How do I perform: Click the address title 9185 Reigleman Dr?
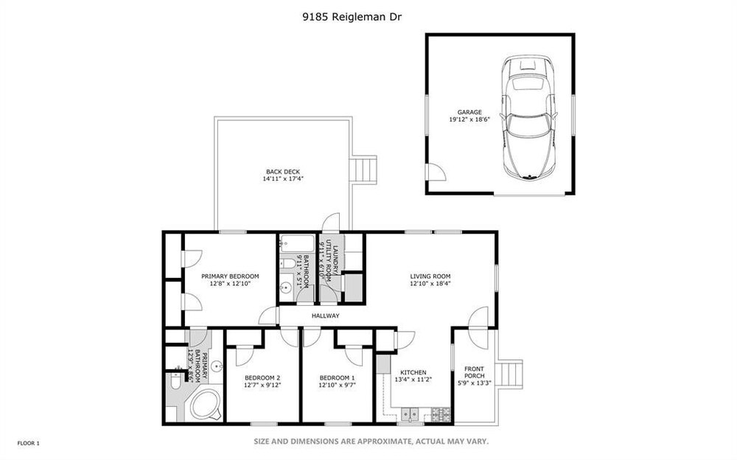pyautogui.click(x=352, y=18)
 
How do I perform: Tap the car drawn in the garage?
pyautogui.click(x=528, y=117)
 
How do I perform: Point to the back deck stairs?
pyautogui.click(x=365, y=170)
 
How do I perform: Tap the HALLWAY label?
pyautogui.click(x=325, y=316)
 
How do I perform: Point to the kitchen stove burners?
pyautogui.click(x=441, y=414)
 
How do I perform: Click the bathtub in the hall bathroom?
pyautogui.click(x=296, y=244)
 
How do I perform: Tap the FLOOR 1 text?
pyautogui.click(x=29, y=443)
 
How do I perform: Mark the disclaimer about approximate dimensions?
pyautogui.click(x=371, y=441)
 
